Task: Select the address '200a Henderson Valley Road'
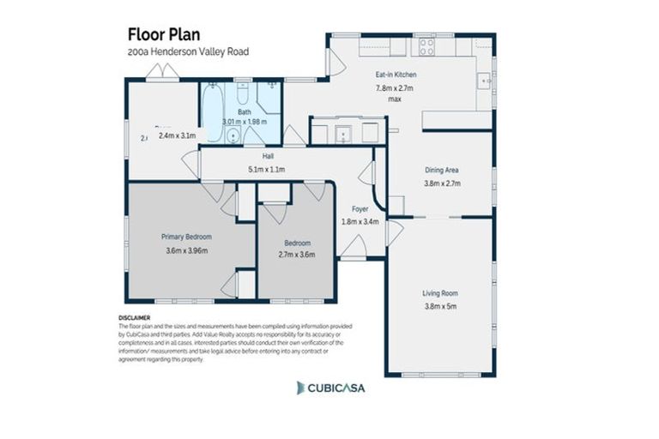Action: click(188, 51)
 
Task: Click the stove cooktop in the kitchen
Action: click(425, 46)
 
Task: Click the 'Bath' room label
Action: click(245, 111)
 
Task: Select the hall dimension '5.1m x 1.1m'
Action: click(267, 170)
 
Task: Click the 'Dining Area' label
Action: click(443, 170)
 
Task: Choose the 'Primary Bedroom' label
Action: click(186, 237)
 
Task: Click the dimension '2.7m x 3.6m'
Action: click(296, 255)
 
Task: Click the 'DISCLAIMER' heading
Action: click(136, 316)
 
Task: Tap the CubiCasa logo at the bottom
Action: click(330, 388)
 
